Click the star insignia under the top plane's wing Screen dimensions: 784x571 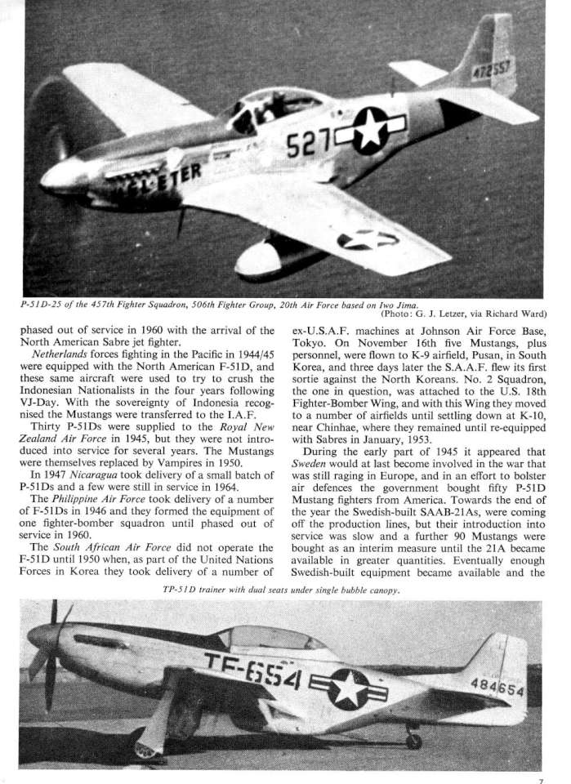367,239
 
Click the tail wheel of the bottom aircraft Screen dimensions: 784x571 413,742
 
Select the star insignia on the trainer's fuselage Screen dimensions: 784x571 350,687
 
